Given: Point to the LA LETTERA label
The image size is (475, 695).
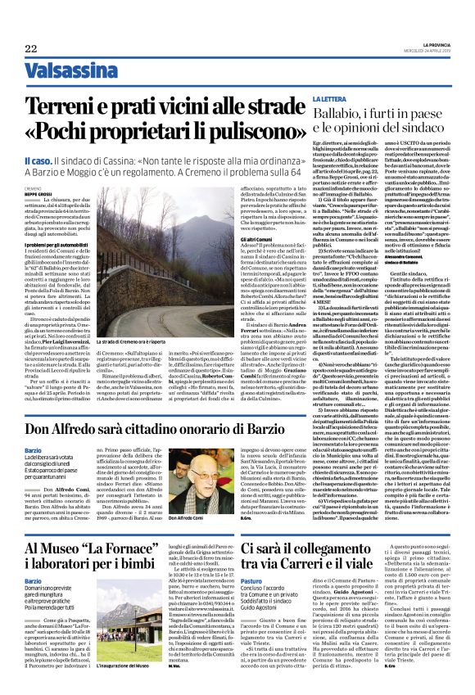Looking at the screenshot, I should (x=336, y=121).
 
